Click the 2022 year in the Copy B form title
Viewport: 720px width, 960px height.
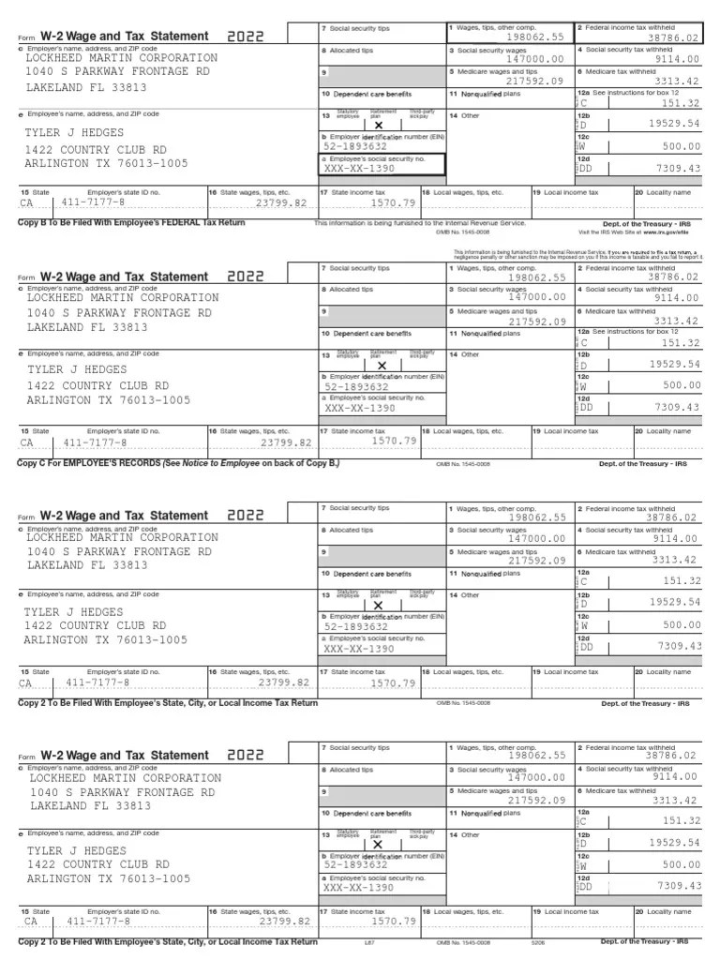pyautogui.click(x=246, y=37)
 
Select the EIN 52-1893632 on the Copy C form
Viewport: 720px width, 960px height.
pyautogui.click(x=356, y=386)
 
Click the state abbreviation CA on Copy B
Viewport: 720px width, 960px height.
pyautogui.click(x=26, y=203)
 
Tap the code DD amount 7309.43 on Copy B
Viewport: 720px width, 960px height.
pyautogui.click(x=679, y=169)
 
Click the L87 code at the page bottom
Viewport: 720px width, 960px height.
pyautogui.click(x=370, y=942)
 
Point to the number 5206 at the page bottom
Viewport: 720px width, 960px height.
pyautogui.click(x=537, y=942)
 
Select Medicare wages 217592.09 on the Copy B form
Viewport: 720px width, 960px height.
pyautogui.click(x=534, y=82)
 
